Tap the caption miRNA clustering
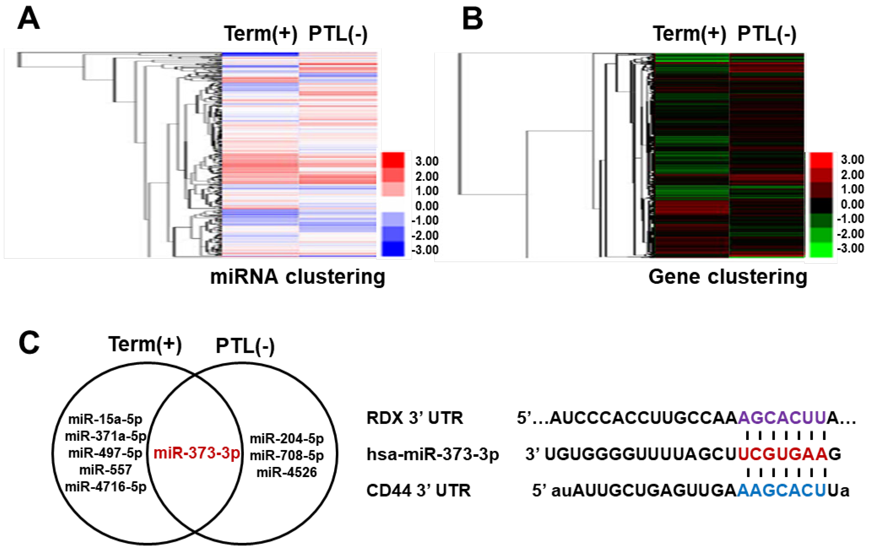(x=298, y=277)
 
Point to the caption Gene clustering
(x=728, y=277)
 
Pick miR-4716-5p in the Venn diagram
(x=105, y=487)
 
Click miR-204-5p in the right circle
(x=287, y=439)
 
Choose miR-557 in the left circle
(x=105, y=470)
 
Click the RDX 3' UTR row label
(x=414, y=418)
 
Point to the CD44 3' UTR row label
(x=418, y=490)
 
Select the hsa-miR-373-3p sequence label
(x=432, y=454)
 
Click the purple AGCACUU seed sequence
(x=782, y=418)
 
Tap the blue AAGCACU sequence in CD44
(x=781, y=490)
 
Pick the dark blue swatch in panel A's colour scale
(x=393, y=249)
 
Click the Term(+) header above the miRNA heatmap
(x=260, y=34)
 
